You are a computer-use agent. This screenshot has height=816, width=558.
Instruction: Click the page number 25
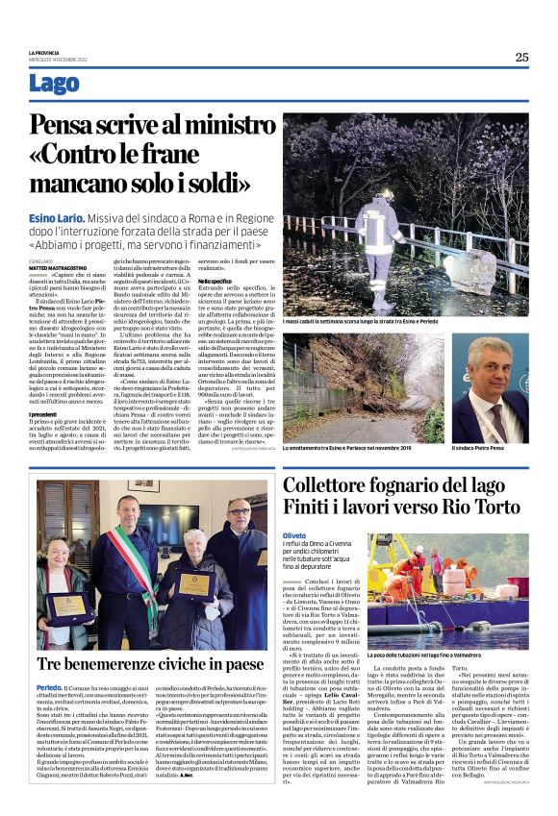520,57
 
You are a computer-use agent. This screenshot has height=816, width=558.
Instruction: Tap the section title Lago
54,84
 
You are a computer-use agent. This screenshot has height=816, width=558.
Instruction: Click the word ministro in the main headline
208,125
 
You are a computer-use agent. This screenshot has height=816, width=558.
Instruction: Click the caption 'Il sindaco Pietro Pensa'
477,448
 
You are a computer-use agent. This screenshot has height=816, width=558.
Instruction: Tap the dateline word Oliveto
294,534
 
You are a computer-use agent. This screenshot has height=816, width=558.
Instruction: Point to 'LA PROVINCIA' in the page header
46,52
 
